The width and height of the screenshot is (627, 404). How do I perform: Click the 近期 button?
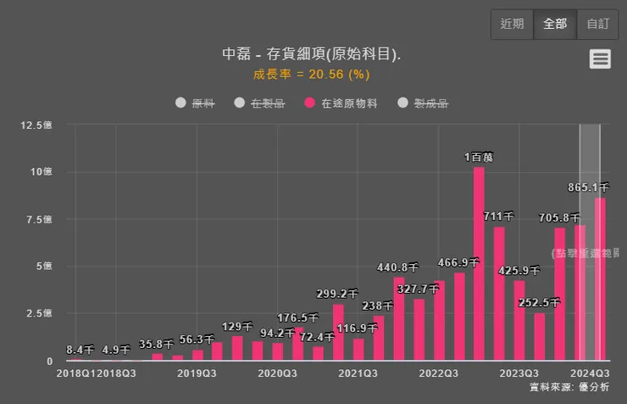pyautogui.click(x=512, y=24)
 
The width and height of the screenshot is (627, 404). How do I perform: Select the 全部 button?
pyautogui.click(x=555, y=24)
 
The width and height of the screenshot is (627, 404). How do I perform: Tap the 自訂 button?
pyautogui.click(x=598, y=24)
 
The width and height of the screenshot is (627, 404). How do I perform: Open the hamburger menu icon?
pyautogui.click(x=600, y=59)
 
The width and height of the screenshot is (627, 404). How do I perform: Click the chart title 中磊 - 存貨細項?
pyautogui.click(x=311, y=53)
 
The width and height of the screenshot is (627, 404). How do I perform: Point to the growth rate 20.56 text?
pyautogui.click(x=311, y=74)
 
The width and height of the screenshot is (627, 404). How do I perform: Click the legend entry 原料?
pyautogui.click(x=195, y=104)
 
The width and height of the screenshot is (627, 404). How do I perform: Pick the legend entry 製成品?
pyautogui.click(x=423, y=104)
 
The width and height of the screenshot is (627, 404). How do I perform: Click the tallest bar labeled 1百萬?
pyautogui.click(x=479, y=263)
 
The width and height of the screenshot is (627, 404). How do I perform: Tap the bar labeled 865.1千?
pyautogui.click(x=600, y=280)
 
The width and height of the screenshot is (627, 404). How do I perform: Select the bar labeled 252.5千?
pyautogui.click(x=540, y=337)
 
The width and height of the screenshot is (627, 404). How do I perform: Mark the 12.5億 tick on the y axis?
pyautogui.click(x=36, y=125)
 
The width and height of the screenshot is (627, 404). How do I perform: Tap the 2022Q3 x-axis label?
pyautogui.click(x=438, y=373)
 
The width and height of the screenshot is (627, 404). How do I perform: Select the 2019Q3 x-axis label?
pyautogui.click(x=197, y=373)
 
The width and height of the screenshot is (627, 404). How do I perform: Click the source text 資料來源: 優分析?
pyautogui.click(x=569, y=387)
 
